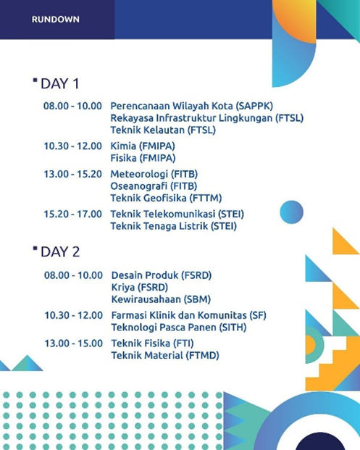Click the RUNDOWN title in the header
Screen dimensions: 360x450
click(55, 20)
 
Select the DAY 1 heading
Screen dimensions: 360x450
click(59, 84)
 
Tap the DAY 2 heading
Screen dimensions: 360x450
click(60, 252)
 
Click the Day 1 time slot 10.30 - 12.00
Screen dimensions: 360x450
click(72, 146)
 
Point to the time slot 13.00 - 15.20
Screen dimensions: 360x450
click(72, 174)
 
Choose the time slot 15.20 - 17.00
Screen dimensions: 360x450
click(72, 214)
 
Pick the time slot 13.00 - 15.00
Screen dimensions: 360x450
click(73, 343)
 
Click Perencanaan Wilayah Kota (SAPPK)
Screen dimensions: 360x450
click(192, 107)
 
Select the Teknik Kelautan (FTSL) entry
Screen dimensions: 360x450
click(163, 130)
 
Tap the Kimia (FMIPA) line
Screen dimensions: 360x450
click(143, 146)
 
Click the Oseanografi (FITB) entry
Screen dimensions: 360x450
click(154, 186)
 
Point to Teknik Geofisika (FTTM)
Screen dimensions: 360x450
click(166, 198)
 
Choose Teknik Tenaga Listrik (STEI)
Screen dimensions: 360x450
click(174, 226)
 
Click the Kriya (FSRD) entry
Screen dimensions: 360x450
click(140, 287)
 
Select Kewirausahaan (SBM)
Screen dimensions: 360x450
click(161, 299)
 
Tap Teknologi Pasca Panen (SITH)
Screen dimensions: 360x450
click(179, 328)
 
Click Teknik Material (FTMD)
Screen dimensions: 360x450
click(165, 356)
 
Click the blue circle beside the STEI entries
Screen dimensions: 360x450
click(291, 212)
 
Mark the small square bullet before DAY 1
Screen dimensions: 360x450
click(35, 80)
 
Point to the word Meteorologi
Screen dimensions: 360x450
click(139, 174)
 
